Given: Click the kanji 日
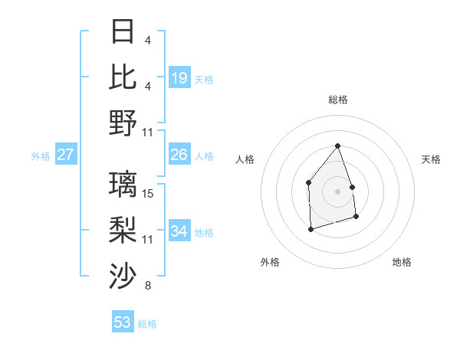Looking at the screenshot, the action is click(x=123, y=32).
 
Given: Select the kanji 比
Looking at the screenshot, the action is click(x=123, y=77).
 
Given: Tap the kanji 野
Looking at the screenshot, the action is click(x=123, y=123).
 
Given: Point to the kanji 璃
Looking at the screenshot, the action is click(x=123, y=185).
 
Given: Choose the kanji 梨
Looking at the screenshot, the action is click(x=123, y=231).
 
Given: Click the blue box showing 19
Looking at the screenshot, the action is click(x=179, y=78).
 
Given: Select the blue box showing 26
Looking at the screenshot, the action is click(x=179, y=155).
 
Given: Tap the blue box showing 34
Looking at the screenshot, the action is click(x=179, y=231).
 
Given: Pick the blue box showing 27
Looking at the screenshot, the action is click(x=66, y=155).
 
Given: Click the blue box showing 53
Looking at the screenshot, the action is click(x=123, y=322).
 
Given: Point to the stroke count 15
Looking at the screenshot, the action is click(x=148, y=194).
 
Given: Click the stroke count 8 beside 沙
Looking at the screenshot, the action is click(x=148, y=286).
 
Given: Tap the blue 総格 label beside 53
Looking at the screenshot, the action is click(x=147, y=324).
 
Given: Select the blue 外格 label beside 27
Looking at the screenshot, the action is click(x=41, y=156).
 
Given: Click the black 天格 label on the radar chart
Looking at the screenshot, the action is click(x=432, y=159).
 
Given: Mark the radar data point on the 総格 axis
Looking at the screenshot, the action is click(x=337, y=146).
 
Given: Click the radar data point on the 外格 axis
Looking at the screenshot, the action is click(x=310, y=228).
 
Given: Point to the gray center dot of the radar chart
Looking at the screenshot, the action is click(x=337, y=191).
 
